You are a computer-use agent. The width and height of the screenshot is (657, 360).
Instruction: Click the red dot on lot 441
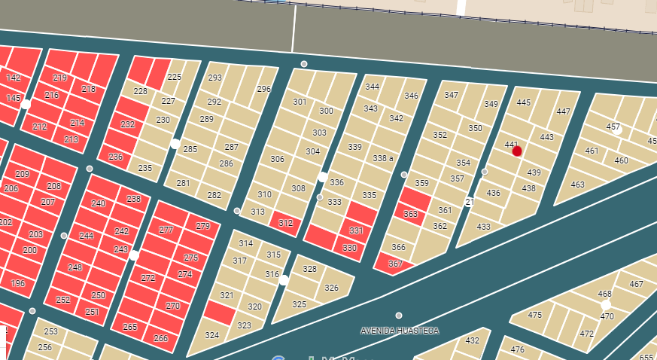(517, 151)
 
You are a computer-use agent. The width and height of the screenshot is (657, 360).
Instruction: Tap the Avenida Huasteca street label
(400, 331)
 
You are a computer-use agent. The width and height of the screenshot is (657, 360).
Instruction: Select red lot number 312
(286, 224)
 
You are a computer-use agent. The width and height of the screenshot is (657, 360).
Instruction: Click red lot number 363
(410, 214)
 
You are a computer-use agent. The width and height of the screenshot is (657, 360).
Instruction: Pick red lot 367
(396, 264)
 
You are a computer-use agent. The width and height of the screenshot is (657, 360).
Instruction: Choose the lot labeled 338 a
(383, 158)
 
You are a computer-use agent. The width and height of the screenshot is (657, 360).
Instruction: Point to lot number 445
(524, 102)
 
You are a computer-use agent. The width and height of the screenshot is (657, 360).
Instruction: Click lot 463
(577, 185)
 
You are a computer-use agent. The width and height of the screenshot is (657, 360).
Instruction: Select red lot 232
(128, 124)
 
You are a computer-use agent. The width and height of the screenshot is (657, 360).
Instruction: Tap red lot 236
(115, 157)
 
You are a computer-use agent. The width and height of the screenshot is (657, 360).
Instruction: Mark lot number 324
(212, 335)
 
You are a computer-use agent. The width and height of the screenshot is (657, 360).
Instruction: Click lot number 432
(472, 340)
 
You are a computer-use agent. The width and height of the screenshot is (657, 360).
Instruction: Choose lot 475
(535, 315)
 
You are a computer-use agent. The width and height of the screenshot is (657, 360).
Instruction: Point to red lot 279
(202, 226)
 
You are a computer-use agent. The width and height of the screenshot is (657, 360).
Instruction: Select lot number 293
(215, 78)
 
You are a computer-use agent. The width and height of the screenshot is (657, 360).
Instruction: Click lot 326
(331, 288)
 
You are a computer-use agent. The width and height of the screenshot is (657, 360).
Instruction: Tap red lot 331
(356, 231)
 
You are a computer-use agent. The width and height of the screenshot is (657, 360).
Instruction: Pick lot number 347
(452, 95)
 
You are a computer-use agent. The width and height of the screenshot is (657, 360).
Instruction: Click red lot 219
(60, 78)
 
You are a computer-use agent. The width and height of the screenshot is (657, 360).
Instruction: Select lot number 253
(50, 331)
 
